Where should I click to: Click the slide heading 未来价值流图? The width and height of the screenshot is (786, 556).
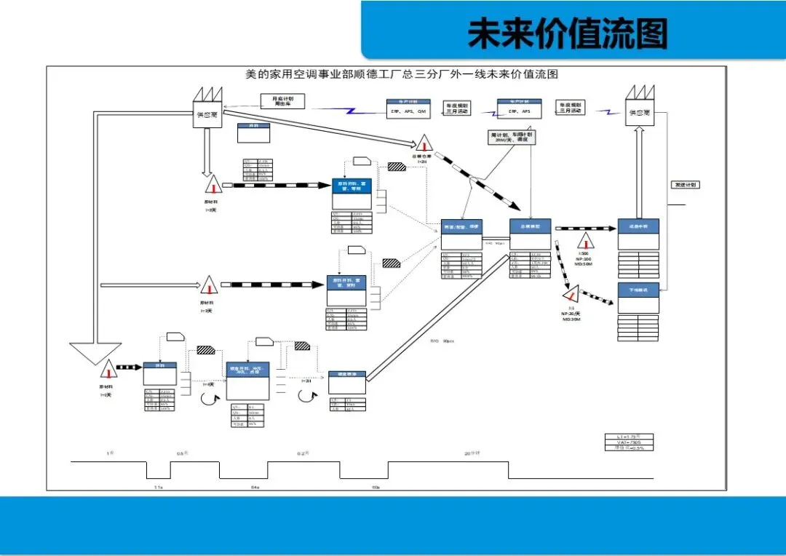[x=568, y=33]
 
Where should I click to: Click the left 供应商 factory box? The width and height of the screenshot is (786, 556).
[x=207, y=114]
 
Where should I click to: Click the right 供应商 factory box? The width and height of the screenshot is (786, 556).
[x=640, y=113]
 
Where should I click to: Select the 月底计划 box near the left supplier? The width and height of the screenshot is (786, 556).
[x=282, y=101]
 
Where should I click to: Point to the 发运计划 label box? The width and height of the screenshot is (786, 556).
[x=685, y=185]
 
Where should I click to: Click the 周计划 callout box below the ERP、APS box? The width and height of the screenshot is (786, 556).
[x=512, y=137]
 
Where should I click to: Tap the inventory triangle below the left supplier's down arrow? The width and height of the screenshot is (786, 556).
[x=212, y=185]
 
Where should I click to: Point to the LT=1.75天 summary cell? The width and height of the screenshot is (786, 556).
[x=630, y=437]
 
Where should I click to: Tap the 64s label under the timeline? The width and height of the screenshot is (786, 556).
[x=255, y=485]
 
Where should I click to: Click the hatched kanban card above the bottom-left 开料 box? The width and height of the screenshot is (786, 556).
[x=206, y=349]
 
